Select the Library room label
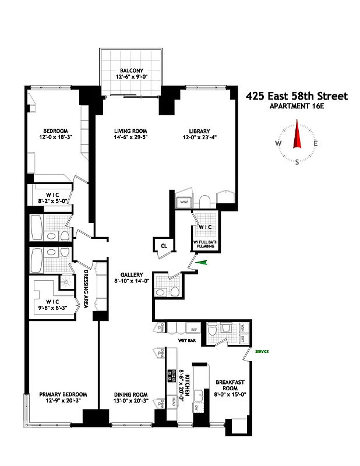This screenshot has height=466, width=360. pyautogui.click(x=199, y=131)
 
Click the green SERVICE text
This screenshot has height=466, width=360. pyautogui.click(x=260, y=351)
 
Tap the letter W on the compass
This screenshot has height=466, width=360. pyautogui.click(x=278, y=144)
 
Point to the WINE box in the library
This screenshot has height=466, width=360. pyautogui.click(x=183, y=203)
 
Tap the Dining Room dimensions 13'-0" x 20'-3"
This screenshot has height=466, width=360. pyautogui.click(x=130, y=401)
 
